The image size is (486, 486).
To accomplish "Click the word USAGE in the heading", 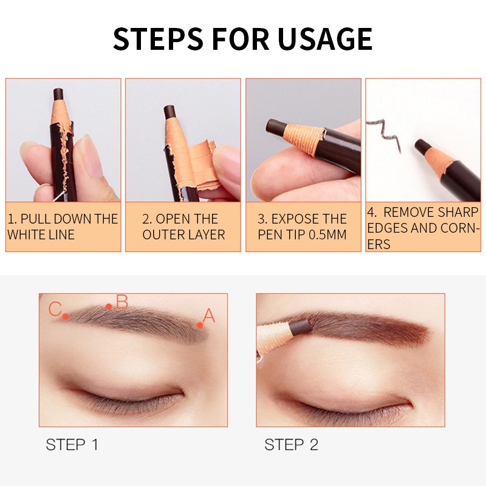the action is click(x=324, y=39).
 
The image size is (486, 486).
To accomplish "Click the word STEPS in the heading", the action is click(x=158, y=39).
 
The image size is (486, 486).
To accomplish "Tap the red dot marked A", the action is click(x=200, y=325).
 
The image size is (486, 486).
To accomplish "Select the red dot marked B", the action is click(x=109, y=307).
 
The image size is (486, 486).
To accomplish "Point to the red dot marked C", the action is click(x=66, y=316).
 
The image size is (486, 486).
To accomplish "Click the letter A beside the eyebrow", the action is click(x=208, y=315).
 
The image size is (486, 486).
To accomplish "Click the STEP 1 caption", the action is click(x=72, y=445).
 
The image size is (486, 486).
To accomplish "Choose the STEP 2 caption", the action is click(x=291, y=445).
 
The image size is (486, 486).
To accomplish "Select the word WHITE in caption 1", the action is click(x=26, y=234).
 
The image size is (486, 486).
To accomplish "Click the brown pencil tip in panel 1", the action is click(x=58, y=94).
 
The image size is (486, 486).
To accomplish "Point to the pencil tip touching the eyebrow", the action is click(x=300, y=327).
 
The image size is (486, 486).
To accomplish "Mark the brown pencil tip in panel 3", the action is click(x=276, y=128).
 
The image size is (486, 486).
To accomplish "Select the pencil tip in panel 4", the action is click(x=422, y=146).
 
